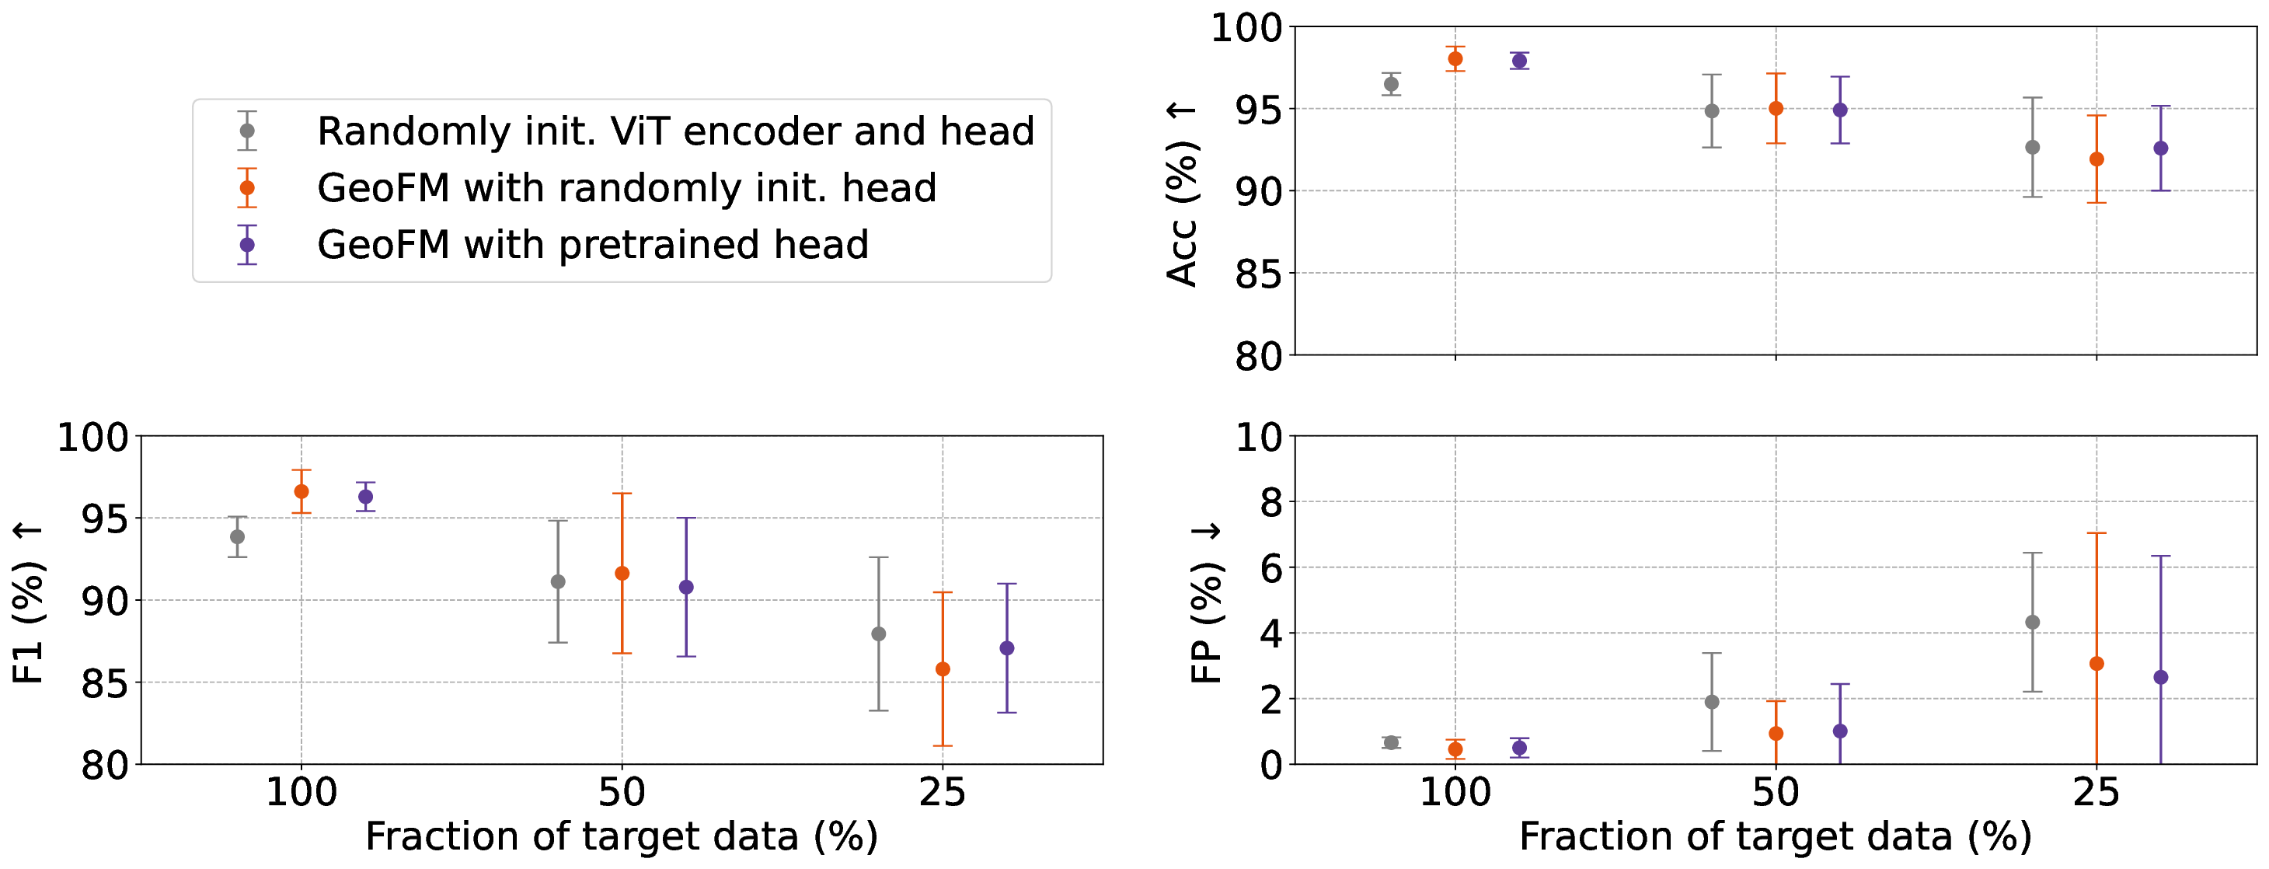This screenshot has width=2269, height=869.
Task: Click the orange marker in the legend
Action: (248, 188)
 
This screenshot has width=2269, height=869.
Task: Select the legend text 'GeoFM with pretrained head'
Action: (593, 245)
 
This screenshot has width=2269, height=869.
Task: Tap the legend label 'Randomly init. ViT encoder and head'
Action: (675, 131)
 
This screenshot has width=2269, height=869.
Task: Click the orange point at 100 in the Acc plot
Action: (1455, 59)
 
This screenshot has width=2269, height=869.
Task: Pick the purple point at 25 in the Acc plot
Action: (2161, 148)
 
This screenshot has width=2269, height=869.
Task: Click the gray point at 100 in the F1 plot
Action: (237, 537)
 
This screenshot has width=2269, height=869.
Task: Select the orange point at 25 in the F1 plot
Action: (943, 669)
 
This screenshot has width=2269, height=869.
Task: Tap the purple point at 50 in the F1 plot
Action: (686, 587)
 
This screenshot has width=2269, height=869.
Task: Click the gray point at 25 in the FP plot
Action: (2033, 623)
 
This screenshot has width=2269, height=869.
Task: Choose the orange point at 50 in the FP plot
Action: (1776, 733)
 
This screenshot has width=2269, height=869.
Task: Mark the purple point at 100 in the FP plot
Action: (1519, 748)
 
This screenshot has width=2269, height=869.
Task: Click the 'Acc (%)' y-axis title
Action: (1182, 194)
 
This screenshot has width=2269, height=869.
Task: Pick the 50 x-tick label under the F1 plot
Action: (622, 793)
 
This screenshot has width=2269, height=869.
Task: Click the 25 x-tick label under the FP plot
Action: (2096, 793)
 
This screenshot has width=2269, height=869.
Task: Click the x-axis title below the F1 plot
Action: (622, 837)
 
